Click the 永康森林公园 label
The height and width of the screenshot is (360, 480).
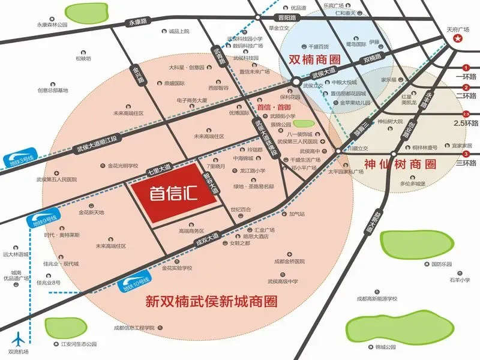52,25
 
